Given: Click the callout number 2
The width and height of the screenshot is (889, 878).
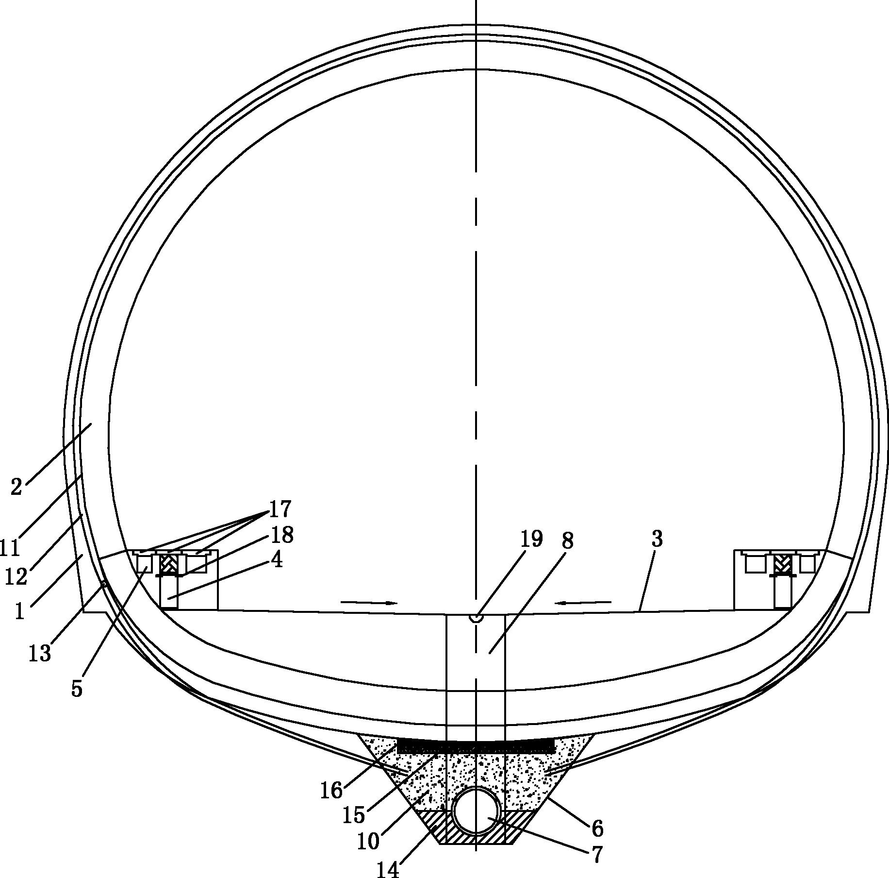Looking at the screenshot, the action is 16,486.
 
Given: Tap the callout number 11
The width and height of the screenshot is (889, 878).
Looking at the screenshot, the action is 9,547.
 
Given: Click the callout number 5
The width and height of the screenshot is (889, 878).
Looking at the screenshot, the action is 77,688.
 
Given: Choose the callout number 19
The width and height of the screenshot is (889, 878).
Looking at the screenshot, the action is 531,539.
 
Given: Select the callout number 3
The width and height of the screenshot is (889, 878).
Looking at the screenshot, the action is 657,539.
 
